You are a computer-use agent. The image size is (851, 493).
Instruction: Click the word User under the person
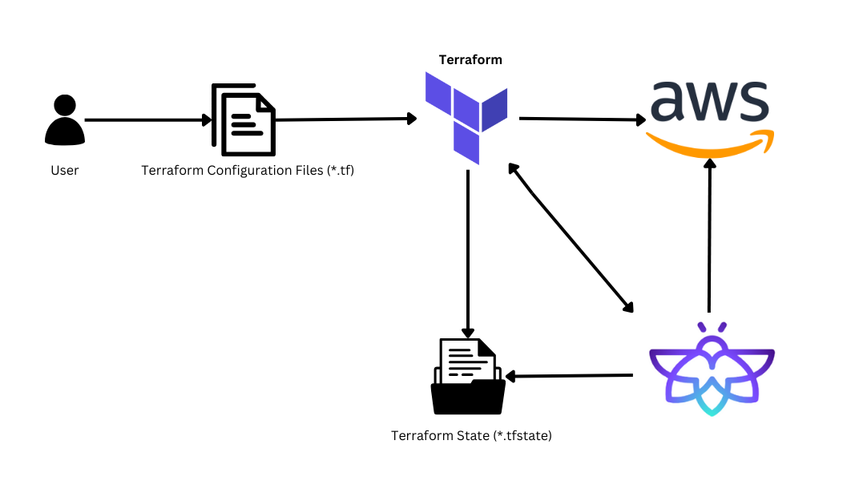(65, 171)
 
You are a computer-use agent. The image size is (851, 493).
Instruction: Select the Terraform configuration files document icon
(244, 119)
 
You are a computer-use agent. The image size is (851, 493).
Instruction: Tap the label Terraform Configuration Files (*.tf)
(248, 171)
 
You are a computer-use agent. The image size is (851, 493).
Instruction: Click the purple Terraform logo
(466, 118)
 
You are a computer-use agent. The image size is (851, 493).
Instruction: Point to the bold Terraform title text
(470, 60)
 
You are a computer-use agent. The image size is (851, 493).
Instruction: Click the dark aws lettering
(709, 101)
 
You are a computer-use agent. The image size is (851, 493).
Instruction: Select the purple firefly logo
(712, 370)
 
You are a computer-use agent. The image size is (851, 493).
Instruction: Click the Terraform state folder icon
(468, 377)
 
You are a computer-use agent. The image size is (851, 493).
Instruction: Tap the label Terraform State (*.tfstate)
(471, 435)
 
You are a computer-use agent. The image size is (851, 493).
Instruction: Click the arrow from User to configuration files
(148, 120)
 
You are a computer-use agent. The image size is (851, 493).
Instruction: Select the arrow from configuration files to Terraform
(346, 119)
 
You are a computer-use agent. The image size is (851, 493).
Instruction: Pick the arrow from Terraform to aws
(583, 119)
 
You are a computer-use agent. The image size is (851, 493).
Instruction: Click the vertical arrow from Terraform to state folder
(468, 254)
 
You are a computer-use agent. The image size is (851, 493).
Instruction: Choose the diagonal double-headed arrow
(571, 238)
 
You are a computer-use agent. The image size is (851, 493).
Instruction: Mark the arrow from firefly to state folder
(569, 375)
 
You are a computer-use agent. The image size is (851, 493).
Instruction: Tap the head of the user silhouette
(65, 105)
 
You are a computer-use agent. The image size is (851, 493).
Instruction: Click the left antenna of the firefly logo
(701, 327)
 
